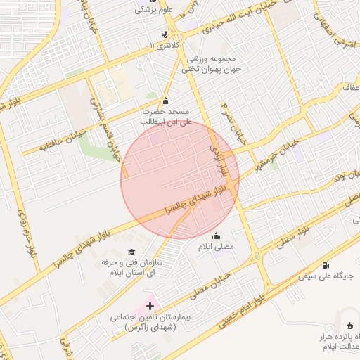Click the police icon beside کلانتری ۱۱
pos(165,34)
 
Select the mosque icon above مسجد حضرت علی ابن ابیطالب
pos(165,101)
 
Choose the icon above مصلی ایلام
pos(216,236)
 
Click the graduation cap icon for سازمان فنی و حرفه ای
pos(131,252)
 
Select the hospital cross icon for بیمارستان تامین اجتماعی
pos(150,307)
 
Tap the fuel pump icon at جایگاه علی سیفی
pos(326,266)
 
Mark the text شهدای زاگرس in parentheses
pos(151,328)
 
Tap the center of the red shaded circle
pos(180,180)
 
